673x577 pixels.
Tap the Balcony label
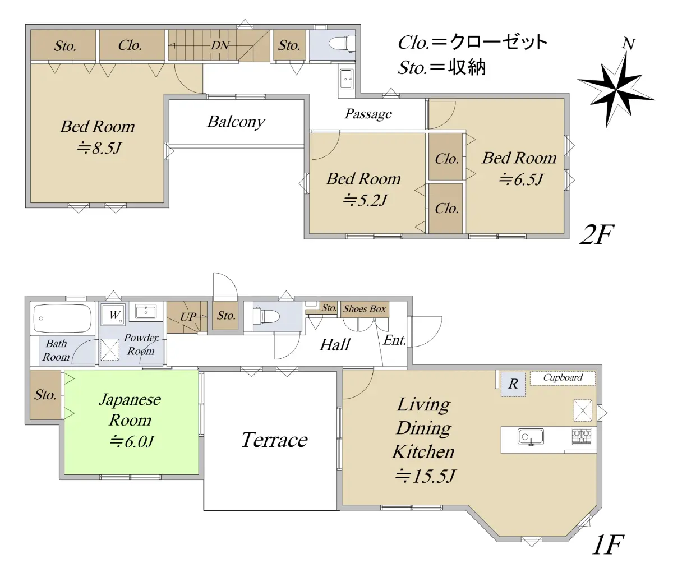point(236,122)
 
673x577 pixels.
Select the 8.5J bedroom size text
point(99,148)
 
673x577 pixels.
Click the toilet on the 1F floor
point(266,316)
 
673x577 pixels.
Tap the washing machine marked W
point(113,314)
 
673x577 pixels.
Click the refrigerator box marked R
point(513,384)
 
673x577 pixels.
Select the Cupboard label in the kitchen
point(563,378)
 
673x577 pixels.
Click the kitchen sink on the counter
point(531,437)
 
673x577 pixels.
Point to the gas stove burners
point(582,437)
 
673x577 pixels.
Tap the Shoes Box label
point(365,309)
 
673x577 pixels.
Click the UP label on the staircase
point(188,317)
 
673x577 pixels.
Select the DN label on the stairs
point(220,45)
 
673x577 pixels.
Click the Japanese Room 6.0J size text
point(131,442)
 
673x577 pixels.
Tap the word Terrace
point(274,440)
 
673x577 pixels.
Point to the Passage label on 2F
point(368,114)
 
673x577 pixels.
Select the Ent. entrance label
point(395,340)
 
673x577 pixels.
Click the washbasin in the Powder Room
point(145,312)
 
